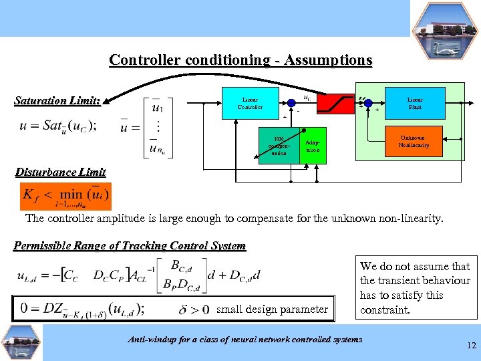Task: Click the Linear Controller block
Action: click(251, 103)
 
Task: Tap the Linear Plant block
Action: click(415, 103)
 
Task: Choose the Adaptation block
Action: click(312, 146)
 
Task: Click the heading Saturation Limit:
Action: click(57, 101)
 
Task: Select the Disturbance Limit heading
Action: click(60, 172)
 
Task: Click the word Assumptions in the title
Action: click(327, 59)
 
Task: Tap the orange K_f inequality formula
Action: click(66, 196)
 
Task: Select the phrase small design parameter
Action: click(273, 309)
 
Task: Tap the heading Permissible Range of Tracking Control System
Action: click(130, 245)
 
